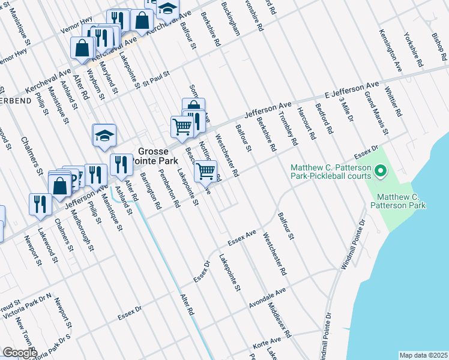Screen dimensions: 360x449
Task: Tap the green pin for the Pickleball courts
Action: (379, 173)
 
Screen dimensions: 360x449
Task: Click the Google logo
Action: (20, 353)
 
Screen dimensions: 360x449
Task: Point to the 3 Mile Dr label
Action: (346, 109)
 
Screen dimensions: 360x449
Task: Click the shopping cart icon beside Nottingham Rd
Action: (205, 171)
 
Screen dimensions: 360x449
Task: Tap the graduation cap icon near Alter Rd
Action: (104, 136)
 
